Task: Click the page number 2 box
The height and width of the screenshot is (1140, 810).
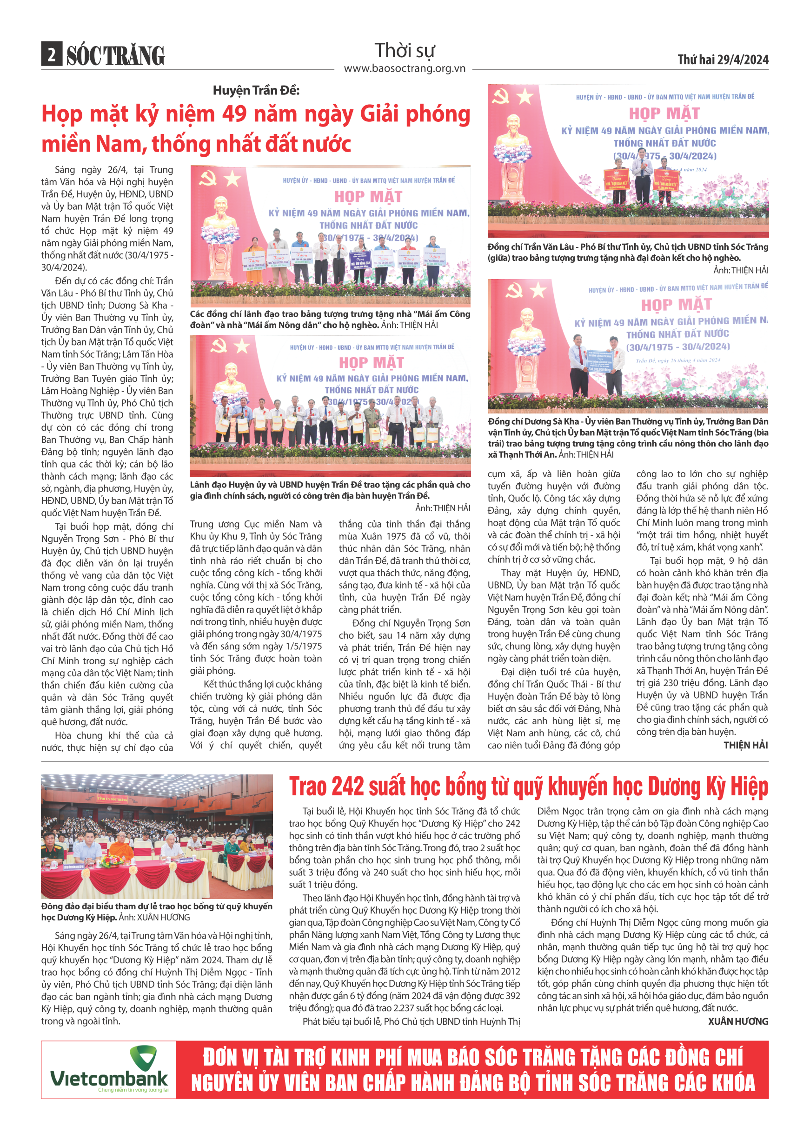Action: [x=51, y=54]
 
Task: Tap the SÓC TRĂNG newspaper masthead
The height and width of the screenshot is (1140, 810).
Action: [x=115, y=55]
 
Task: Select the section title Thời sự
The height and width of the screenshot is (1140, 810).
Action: [x=405, y=50]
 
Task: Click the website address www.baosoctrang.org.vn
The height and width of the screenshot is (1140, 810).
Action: [x=405, y=68]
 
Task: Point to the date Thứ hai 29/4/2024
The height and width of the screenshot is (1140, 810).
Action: [x=722, y=60]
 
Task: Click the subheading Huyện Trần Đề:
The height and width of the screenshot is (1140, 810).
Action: [x=256, y=90]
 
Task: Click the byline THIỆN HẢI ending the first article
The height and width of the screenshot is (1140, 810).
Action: [x=745, y=745]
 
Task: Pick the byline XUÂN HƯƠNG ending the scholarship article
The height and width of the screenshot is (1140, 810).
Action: [x=737, y=1021]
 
